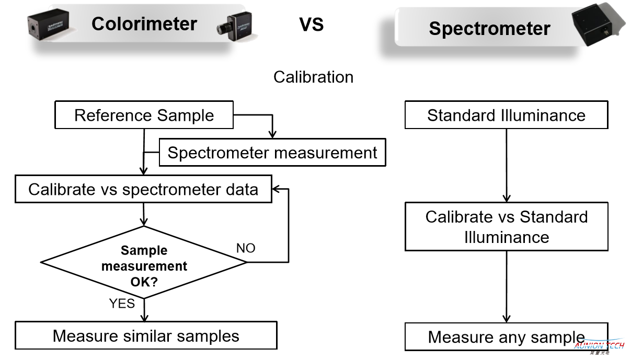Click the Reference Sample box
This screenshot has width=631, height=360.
(144, 115)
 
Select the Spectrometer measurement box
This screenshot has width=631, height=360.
(272, 152)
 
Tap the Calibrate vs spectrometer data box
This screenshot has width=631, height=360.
(143, 189)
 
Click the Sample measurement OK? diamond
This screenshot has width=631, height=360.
(144, 262)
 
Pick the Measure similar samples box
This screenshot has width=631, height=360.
(146, 335)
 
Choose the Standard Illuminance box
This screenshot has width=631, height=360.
(507, 115)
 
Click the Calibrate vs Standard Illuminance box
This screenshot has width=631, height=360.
(507, 226)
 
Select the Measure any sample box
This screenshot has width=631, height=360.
(507, 336)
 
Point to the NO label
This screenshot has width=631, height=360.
(246, 248)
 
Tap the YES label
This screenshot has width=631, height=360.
(122, 304)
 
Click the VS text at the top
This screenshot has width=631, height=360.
(311, 25)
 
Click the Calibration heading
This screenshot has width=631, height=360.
(313, 77)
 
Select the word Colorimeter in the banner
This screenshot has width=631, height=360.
(144, 24)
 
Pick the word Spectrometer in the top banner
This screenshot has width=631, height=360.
(490, 28)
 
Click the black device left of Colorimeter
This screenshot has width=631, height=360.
(49, 25)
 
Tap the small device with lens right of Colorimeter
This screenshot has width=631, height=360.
(235, 26)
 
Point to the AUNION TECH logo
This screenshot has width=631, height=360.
(599, 346)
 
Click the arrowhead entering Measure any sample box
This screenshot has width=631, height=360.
(507, 319)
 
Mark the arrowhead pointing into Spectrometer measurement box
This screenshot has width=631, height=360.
(272, 134)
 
